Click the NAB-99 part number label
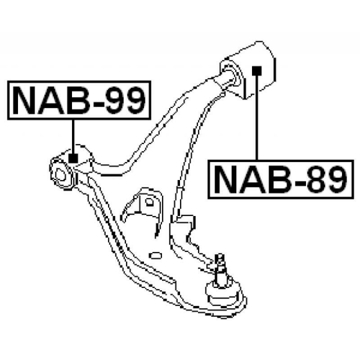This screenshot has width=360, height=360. pos(79,100)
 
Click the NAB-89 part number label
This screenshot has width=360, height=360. pos(280,179)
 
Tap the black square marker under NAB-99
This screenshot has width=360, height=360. pos(73,158)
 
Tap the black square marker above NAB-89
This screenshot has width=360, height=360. pos(256,71)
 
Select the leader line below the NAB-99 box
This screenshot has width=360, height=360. pos(73,137)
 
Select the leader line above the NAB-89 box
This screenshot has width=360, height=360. pos(256,118)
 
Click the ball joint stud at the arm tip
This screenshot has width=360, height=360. pos(220,270)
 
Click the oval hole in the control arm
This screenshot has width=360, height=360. pos(155,256)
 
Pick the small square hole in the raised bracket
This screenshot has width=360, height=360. pos(149,202)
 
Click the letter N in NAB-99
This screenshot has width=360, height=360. pos(25,100)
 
